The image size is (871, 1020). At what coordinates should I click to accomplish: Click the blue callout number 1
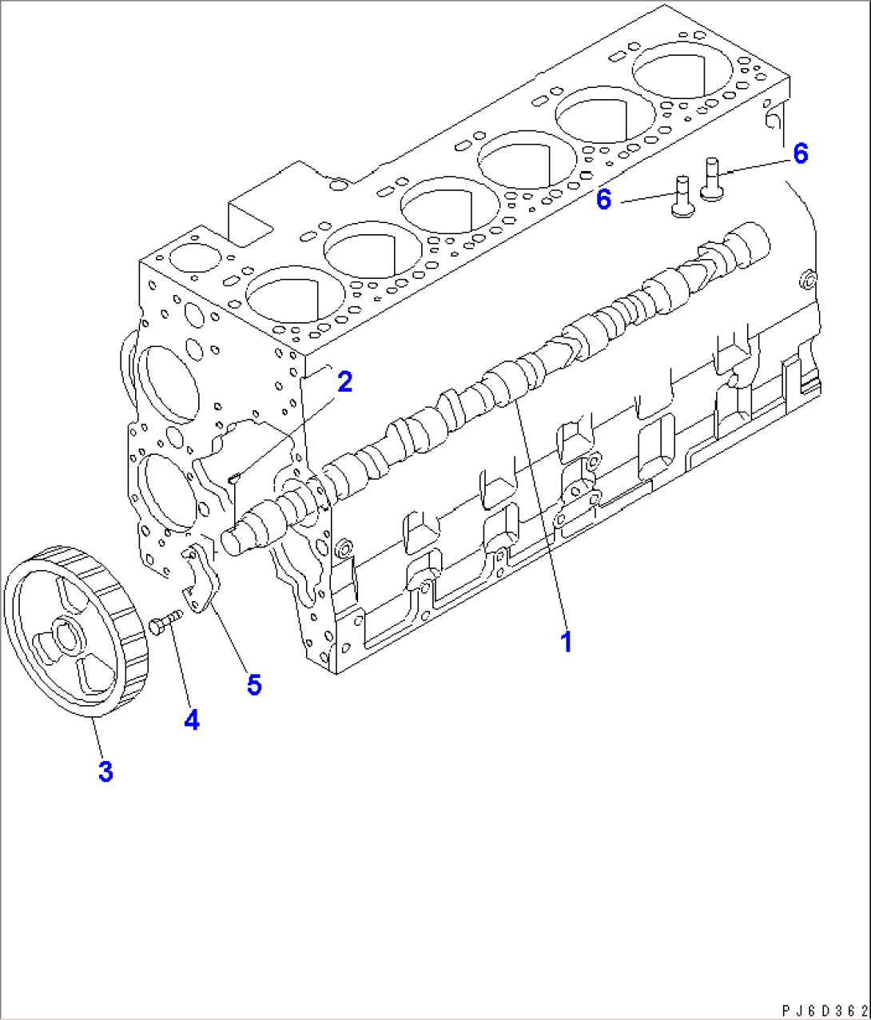click(x=566, y=641)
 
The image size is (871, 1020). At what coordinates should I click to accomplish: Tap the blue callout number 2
click(x=344, y=382)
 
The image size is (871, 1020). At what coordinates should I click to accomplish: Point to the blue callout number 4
click(x=191, y=720)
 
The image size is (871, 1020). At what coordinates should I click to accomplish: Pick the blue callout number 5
click(x=254, y=684)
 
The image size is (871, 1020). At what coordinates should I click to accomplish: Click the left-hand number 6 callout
click(x=604, y=200)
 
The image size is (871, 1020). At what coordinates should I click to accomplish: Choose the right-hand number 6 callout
click(x=800, y=153)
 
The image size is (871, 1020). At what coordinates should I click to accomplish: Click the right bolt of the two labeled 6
click(x=712, y=178)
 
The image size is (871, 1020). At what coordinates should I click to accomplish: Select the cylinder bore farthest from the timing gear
click(x=673, y=68)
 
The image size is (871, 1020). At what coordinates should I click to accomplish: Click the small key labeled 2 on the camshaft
click(x=234, y=479)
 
